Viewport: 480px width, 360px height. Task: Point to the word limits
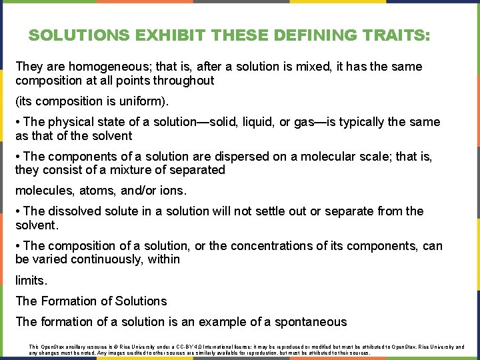pyautogui.click(x=31, y=280)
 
